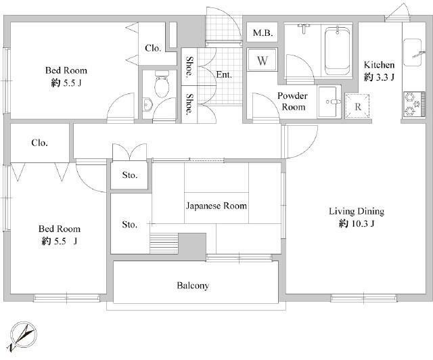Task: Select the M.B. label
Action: pyautogui.click(x=263, y=33)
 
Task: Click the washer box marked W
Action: pyautogui.click(x=263, y=60)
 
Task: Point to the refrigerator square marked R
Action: pyautogui.click(x=357, y=106)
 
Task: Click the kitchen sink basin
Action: pyautogui.click(x=413, y=53)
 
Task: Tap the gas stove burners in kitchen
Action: pyautogui.click(x=413, y=104)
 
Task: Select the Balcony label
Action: pyautogui.click(x=193, y=286)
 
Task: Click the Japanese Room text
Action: pyautogui.click(x=216, y=206)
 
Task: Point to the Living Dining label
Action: pyautogui.click(x=357, y=212)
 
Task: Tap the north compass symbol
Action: pyautogui.click(x=23, y=336)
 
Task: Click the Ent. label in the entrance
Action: pyautogui.click(x=224, y=74)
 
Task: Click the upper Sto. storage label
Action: pyautogui.click(x=130, y=175)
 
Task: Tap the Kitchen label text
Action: pyautogui.click(x=379, y=65)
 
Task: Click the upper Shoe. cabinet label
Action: pyautogui.click(x=189, y=66)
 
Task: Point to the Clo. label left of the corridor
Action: pyautogui.click(x=39, y=143)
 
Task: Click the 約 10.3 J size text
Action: pyautogui.click(x=357, y=223)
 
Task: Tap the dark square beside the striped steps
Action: pyautogui.click(x=192, y=244)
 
